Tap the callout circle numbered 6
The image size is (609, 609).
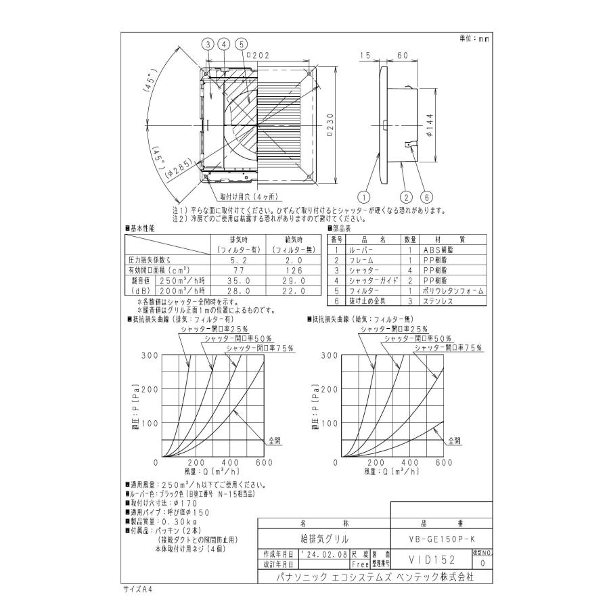pyautogui.click(x=426, y=197)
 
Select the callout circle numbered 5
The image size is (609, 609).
pyautogui.click(x=240, y=45)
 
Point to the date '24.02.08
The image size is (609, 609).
pyautogui.click(x=322, y=554)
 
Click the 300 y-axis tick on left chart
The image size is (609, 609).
pyautogui.click(x=150, y=355)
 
